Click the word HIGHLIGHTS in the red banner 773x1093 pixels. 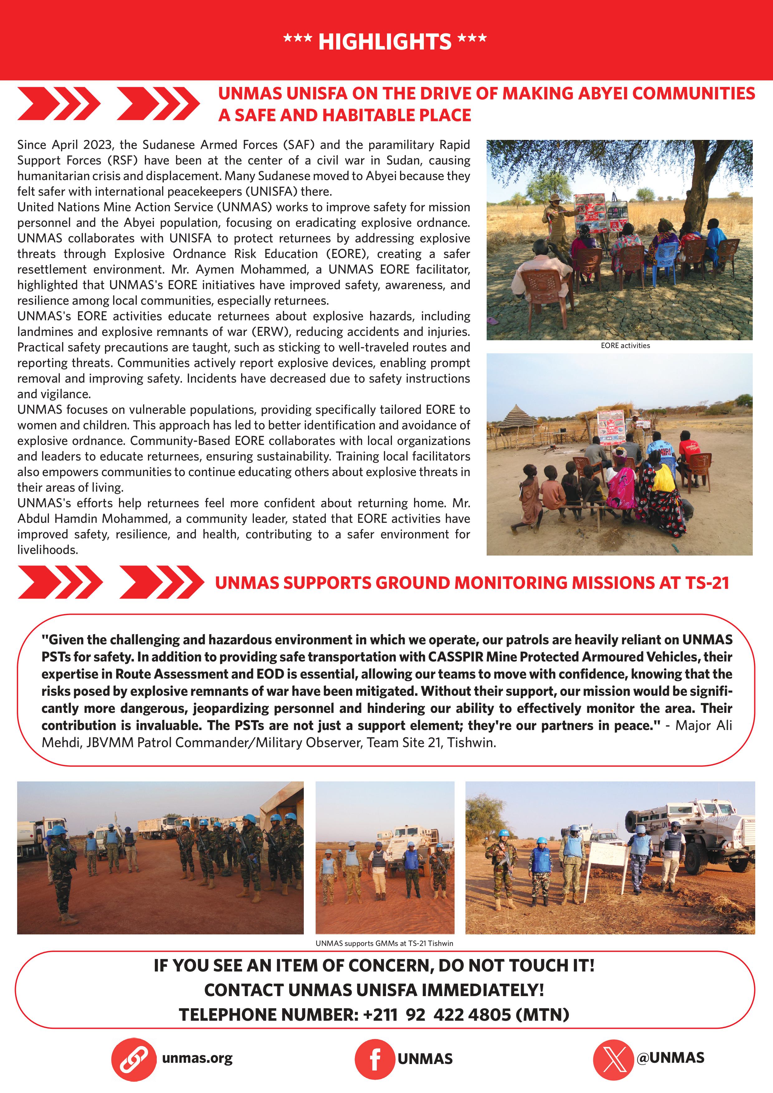click(384, 41)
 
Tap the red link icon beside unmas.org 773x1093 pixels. click(134, 1060)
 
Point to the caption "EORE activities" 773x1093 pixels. click(625, 346)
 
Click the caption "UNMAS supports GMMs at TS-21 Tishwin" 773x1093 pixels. click(384, 943)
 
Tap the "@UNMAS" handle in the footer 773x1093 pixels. click(670, 1058)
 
